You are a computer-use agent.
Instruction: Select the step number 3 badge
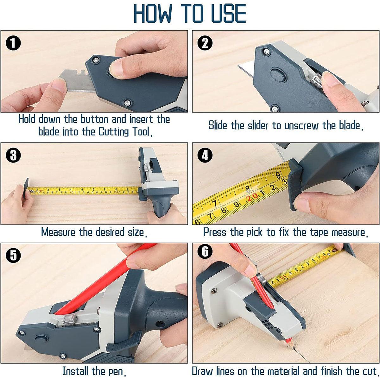pos(13,155)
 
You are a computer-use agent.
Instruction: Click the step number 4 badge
pos(205,156)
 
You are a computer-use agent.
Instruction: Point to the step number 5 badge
pos(13,256)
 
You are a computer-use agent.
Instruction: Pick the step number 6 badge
pos(205,252)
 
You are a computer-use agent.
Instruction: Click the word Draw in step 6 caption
pos(203,371)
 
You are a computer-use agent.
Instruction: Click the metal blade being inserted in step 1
pos(76,83)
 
